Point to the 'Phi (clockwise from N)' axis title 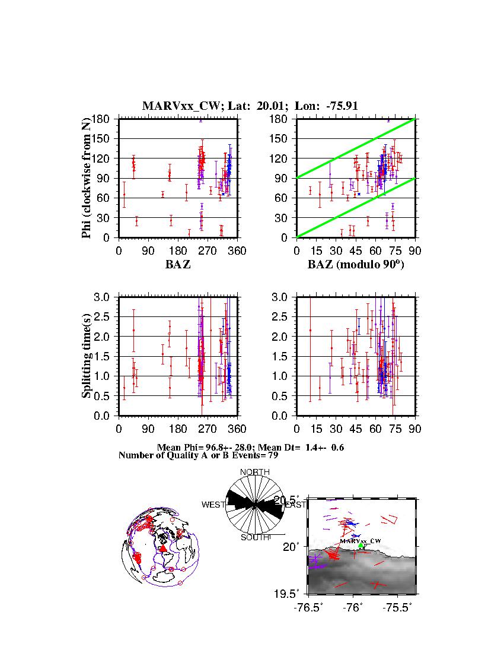(x=87, y=178)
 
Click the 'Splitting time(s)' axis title (x=87, y=356)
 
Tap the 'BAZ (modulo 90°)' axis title (x=355, y=265)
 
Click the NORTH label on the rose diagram (x=254, y=472)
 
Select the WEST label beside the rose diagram (x=213, y=505)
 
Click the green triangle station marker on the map (x=361, y=546)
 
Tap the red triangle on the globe (x=164, y=549)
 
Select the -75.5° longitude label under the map (x=397, y=607)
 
